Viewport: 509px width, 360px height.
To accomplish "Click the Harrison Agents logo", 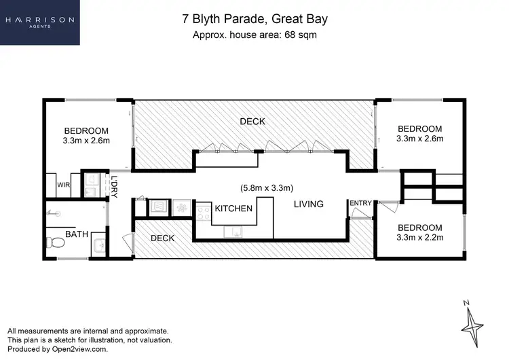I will (39, 22).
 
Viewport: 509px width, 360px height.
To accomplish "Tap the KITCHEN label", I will (233, 209).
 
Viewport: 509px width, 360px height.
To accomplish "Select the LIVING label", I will (308, 204).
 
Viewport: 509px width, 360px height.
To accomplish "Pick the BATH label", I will (76, 234).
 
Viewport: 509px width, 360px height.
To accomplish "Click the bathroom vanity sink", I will (98, 243).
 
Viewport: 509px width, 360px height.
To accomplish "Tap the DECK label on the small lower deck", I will (163, 238).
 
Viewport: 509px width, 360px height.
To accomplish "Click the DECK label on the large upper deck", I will (252, 122).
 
